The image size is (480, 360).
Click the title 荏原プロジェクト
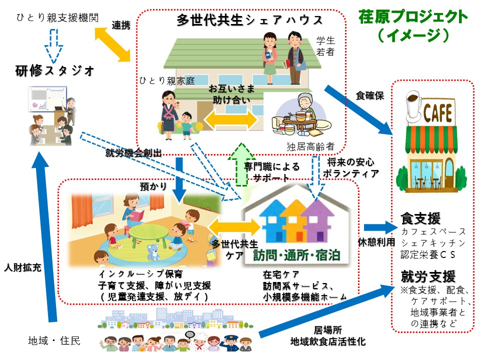click(x=413, y=16)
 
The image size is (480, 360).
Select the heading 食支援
click(x=420, y=218)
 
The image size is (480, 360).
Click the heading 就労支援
click(x=427, y=276)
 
